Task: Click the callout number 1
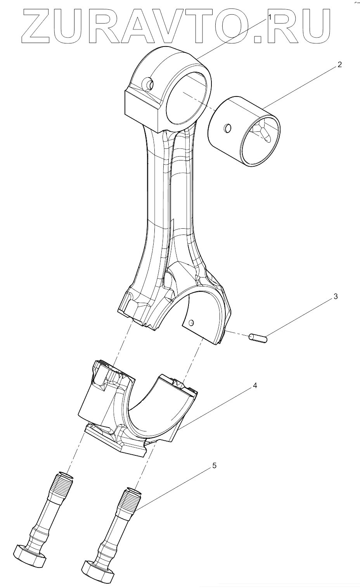point(270,17)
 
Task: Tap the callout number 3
point(336,297)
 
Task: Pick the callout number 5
point(214,466)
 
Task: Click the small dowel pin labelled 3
point(258,338)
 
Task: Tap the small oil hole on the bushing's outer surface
point(228,128)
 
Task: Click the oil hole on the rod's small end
point(148,83)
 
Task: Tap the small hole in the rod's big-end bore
point(191,322)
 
